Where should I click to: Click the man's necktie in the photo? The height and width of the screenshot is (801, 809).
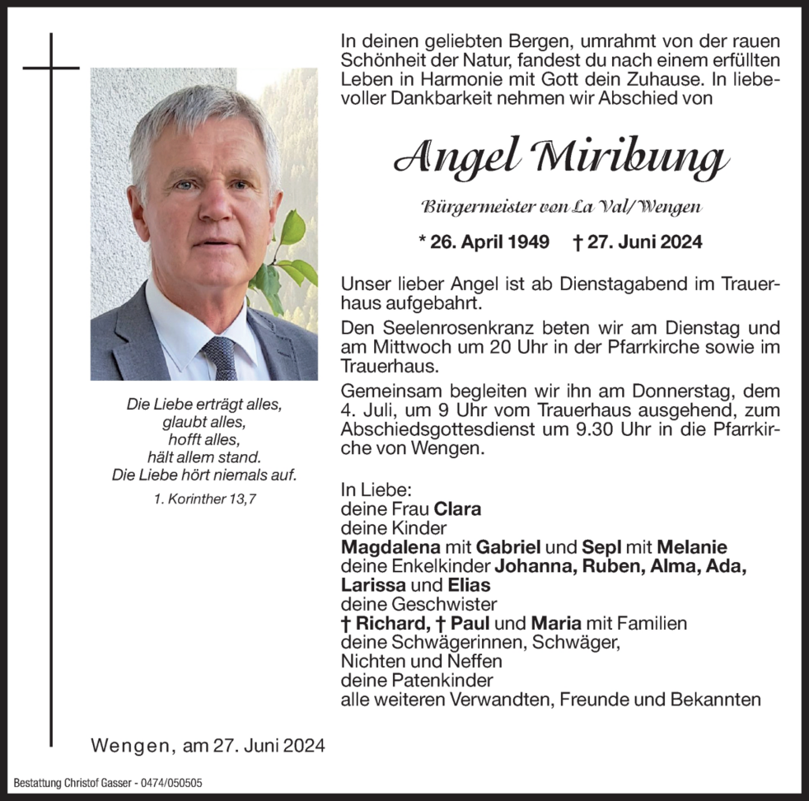point(220,356)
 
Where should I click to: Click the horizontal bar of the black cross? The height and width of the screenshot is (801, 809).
point(51,68)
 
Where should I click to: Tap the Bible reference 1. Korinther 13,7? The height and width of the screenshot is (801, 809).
point(203,499)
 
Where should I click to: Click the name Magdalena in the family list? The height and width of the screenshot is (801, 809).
point(388,547)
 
